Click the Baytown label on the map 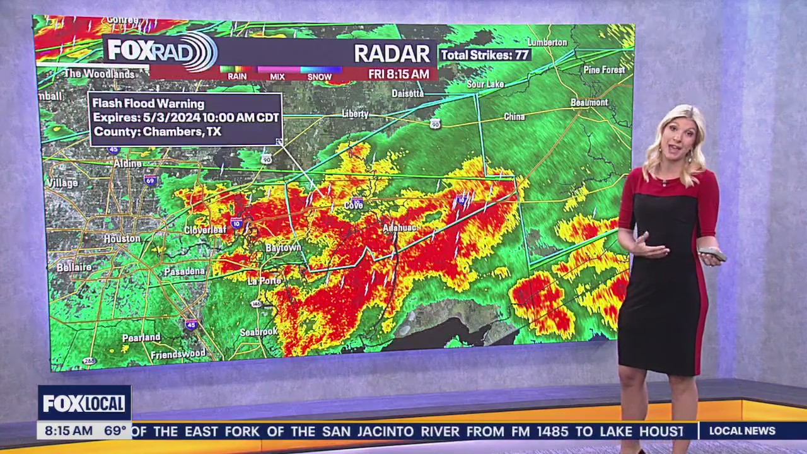pyautogui.click(x=283, y=248)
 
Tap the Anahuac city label pyautogui.click(x=400, y=227)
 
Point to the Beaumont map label pyautogui.click(x=589, y=102)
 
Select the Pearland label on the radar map pyautogui.click(x=141, y=338)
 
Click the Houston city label pyautogui.click(x=122, y=239)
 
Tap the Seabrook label pyautogui.click(x=258, y=332)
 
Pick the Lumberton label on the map pyautogui.click(x=545, y=42)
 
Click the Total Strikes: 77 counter pyautogui.click(x=484, y=55)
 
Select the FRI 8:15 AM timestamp pyautogui.click(x=398, y=74)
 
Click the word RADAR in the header pyautogui.click(x=392, y=54)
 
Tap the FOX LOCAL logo pyautogui.click(x=84, y=404)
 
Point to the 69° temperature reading pyautogui.click(x=115, y=431)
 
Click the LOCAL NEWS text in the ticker pyautogui.click(x=742, y=431)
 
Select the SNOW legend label pyautogui.click(x=320, y=76)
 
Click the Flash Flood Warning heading pyautogui.click(x=149, y=103)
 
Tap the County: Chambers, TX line pyautogui.click(x=157, y=132)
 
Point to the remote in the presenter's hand pyautogui.click(x=713, y=254)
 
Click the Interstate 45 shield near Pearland pyautogui.click(x=192, y=324)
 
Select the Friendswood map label pyautogui.click(x=178, y=355)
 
